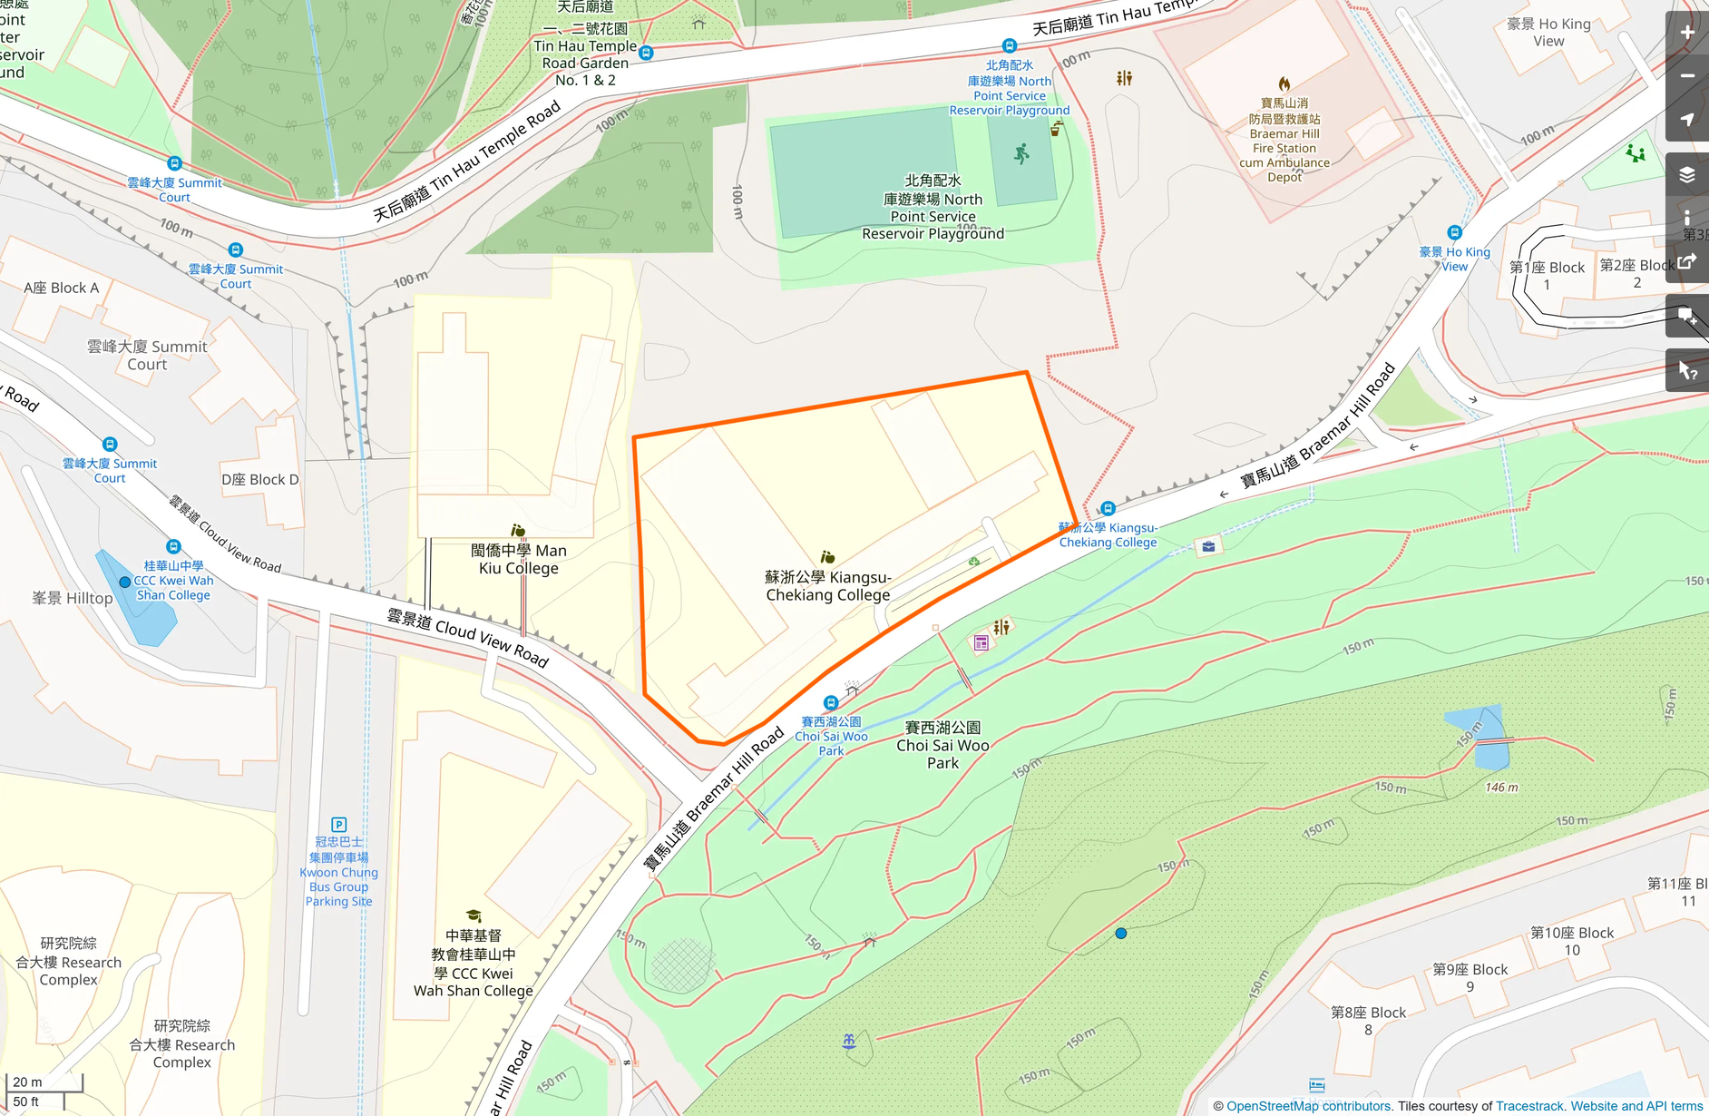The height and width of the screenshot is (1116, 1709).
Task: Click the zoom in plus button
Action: pyautogui.click(x=1687, y=33)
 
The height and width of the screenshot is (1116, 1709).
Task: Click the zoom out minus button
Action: pyautogui.click(x=1687, y=76)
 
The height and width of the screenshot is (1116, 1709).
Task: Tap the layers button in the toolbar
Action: pyautogui.click(x=1687, y=175)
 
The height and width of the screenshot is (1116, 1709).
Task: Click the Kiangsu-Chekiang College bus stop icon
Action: pyautogui.click(x=1108, y=509)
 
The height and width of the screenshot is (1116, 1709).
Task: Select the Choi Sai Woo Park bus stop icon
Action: pyautogui.click(x=831, y=703)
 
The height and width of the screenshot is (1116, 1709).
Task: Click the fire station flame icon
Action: pyautogui.click(x=1284, y=84)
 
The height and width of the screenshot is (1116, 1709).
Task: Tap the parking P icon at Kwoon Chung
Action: pyautogui.click(x=338, y=825)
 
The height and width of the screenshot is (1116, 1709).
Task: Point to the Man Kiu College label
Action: pyautogui.click(x=518, y=559)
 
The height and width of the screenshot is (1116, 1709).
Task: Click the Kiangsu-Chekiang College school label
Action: pyautogui.click(x=827, y=586)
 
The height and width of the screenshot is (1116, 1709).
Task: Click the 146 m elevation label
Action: pyautogui.click(x=1501, y=788)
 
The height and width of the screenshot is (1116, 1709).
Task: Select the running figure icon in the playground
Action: pyautogui.click(x=1022, y=154)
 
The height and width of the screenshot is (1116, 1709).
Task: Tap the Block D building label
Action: pyautogui.click(x=259, y=479)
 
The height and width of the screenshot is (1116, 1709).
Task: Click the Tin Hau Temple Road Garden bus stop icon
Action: pyautogui.click(x=646, y=54)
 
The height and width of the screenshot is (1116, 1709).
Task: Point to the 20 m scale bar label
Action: pyautogui.click(x=27, y=1082)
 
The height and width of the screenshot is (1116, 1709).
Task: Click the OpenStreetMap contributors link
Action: pyautogui.click(x=1308, y=1106)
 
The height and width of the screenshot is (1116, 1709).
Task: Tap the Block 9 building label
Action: pyautogui.click(x=1470, y=977)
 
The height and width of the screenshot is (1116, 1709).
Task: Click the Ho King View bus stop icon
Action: pyautogui.click(x=1454, y=233)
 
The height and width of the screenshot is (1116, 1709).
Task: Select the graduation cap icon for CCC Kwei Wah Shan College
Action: pyautogui.click(x=473, y=916)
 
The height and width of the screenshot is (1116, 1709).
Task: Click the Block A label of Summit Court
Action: pyautogui.click(x=62, y=288)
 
